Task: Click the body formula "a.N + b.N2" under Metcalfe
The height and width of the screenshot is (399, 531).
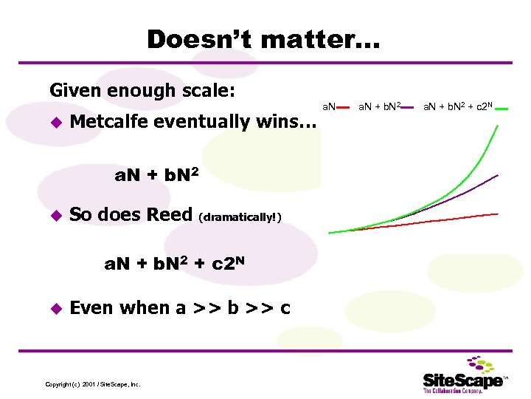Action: point(156,176)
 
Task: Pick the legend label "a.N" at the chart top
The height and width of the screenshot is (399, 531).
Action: point(327,109)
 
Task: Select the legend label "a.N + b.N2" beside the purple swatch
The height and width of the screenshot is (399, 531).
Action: point(379,108)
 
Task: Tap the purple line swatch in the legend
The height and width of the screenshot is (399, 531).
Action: point(414,109)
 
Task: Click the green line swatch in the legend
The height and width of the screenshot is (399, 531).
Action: point(502,109)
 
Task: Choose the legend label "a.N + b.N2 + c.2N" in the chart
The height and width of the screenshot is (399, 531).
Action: point(458,108)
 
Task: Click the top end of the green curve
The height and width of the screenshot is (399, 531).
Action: point(498,126)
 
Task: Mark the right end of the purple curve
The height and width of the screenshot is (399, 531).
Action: point(499,175)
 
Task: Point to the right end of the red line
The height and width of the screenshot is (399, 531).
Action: point(499,214)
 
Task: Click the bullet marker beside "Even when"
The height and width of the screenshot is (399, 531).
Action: point(53,308)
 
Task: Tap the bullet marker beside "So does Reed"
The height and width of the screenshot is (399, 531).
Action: point(53,216)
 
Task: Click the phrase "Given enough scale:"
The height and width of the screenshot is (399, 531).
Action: point(142,91)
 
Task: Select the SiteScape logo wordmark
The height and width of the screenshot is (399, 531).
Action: point(463,381)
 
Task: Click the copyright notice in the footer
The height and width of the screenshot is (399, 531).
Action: point(93,384)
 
